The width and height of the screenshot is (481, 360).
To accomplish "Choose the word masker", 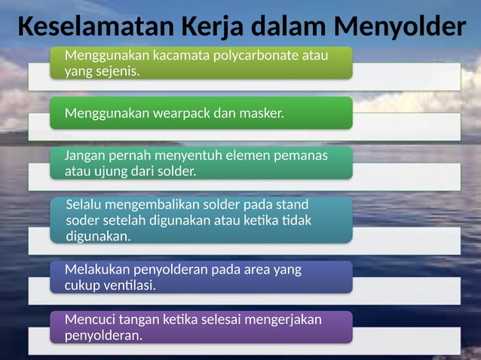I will coord(264,114).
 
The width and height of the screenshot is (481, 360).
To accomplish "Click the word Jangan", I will coord(85,156).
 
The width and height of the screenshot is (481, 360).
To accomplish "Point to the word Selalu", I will coord(84,205).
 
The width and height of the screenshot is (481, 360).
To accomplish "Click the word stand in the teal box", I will coord(293,205).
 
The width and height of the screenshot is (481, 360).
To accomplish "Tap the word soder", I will coord(82,220).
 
